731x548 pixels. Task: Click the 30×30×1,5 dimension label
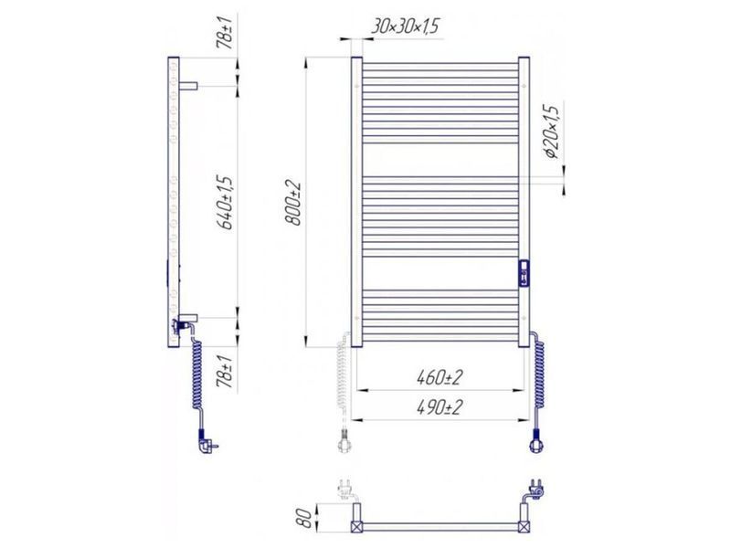coord(405,26)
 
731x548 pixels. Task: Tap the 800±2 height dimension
coord(294,203)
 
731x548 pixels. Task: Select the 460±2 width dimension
coord(440,377)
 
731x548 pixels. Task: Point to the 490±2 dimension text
coord(440,407)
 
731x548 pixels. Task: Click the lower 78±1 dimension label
coord(227,372)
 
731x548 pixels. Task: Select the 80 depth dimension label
coord(305,517)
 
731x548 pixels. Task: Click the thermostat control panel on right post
coord(524,272)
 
